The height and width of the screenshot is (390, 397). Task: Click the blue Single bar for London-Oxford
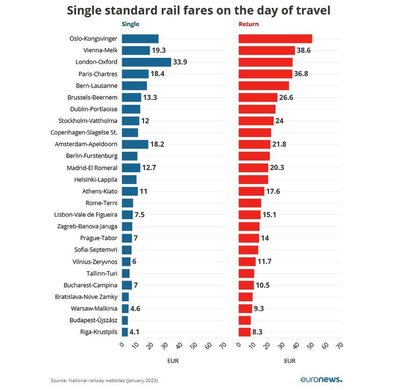coord(146,62)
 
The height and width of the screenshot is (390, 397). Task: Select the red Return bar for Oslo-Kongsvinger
coord(275,39)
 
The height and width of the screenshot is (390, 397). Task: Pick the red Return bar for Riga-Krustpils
coord(245,332)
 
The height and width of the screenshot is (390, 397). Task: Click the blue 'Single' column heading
coord(130,24)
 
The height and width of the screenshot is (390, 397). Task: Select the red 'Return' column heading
coord(248,24)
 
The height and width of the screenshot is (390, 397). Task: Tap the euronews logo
coord(321,379)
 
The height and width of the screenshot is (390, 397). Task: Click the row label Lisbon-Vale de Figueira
coord(86,215)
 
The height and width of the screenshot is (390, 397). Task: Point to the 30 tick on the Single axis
coord(164,345)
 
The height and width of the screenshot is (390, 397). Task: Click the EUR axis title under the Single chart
coord(173,361)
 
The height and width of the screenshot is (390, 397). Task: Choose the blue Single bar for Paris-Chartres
coord(135,74)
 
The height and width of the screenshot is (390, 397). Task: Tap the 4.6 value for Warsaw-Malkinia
coord(135,309)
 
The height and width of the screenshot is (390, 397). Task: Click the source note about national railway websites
coord(104,381)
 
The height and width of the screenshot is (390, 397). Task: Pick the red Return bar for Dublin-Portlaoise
coord(257,109)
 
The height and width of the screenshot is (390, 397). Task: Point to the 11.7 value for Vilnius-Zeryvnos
coord(264,262)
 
